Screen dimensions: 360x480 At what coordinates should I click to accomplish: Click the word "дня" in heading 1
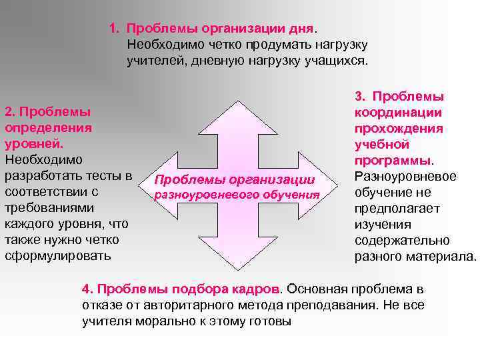pos(299,29)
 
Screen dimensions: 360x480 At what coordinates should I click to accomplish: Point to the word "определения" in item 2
pos(48,127)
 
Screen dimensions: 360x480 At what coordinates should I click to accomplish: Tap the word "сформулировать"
pos(59,255)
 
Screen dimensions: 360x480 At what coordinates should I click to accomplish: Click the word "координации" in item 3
pos(399,113)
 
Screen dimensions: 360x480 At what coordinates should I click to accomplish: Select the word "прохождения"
pos(399,129)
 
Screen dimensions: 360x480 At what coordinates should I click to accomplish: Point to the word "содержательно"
pos(402,240)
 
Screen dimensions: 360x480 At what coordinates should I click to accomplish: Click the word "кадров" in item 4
pos(254,289)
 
